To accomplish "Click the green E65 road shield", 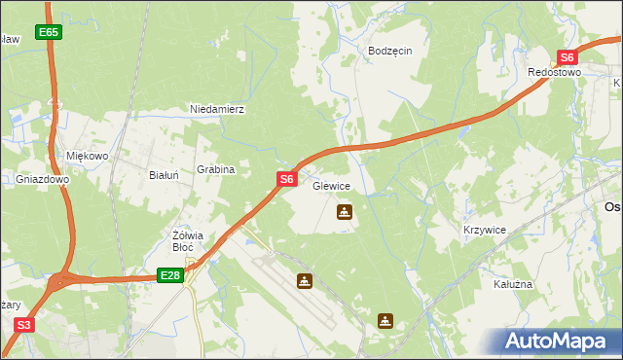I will pyautogui.click(x=50, y=32).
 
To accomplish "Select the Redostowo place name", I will pyautogui.click(x=554, y=73).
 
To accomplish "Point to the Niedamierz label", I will pyautogui.click(x=217, y=109).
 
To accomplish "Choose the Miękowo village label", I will pyautogui.click(x=87, y=156).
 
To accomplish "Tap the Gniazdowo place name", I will pyautogui.click(x=43, y=180).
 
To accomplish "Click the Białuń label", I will pyautogui.click(x=162, y=175).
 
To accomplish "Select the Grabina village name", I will pyautogui.click(x=216, y=169).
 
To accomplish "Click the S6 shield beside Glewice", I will pyautogui.click(x=286, y=179).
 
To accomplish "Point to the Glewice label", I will pyautogui.click(x=331, y=185).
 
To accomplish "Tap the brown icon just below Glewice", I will pyautogui.click(x=344, y=211).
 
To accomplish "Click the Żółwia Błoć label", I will pyautogui.click(x=187, y=240).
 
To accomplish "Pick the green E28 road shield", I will pyautogui.click(x=170, y=276).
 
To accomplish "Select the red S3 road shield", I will pyautogui.click(x=24, y=325).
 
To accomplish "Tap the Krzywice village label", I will pyautogui.click(x=484, y=230).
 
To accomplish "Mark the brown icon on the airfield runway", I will pyautogui.click(x=306, y=281).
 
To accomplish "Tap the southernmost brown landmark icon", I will pyautogui.click(x=386, y=319).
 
